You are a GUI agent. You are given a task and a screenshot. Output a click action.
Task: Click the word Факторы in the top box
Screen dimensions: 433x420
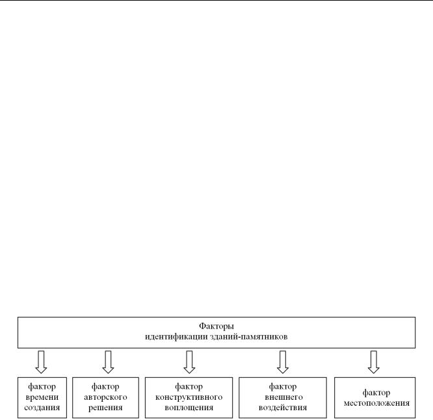pos(216,327)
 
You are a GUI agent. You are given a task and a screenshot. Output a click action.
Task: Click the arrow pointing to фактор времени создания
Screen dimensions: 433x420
pos(41,362)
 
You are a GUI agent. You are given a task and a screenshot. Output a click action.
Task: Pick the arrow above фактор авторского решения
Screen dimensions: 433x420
pos(108,362)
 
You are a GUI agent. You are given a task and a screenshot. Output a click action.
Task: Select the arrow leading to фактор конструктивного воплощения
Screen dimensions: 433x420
pos(189,362)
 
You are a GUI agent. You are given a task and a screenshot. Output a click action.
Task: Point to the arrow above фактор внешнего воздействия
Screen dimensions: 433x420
pos(283,362)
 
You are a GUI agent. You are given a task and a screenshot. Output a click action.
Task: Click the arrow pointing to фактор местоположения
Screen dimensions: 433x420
pos(373,362)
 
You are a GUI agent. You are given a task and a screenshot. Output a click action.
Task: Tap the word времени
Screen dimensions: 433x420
pos(42,397)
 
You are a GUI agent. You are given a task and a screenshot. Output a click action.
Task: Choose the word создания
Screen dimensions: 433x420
pos(42,408)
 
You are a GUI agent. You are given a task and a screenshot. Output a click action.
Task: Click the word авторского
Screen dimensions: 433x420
pos(105,397)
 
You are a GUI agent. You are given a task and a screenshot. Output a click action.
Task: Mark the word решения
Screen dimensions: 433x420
pos(105,408)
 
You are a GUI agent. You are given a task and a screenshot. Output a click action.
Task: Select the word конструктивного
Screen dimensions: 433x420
pos(189,397)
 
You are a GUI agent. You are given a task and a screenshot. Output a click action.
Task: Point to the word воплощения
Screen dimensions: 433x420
pos(189,408)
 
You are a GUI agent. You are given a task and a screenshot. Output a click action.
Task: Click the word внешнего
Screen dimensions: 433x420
pos(283,397)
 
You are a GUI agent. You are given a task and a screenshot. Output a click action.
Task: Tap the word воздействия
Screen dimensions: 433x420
pos(283,408)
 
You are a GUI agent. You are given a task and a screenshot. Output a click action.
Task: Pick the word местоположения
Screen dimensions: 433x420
pos(376,403)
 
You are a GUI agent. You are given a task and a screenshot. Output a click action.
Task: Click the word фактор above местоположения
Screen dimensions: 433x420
pos(376,393)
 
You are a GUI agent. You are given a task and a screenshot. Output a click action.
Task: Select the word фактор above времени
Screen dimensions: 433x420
pos(42,387)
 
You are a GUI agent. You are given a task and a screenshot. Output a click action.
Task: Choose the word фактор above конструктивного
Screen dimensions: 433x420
pos(189,387)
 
